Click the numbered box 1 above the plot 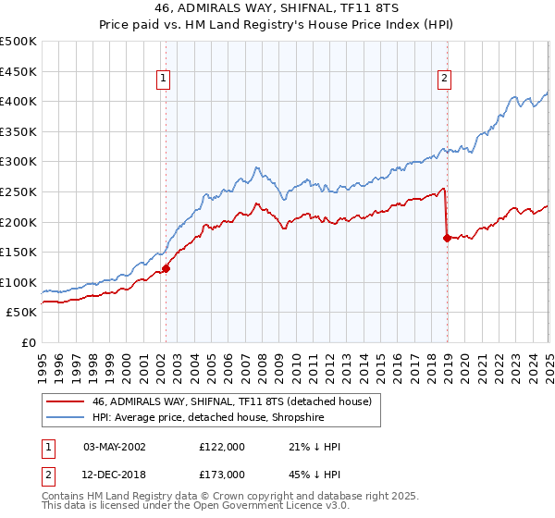click(x=163, y=79)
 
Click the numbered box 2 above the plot click(x=445, y=79)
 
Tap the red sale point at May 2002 click(x=166, y=269)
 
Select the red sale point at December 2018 click(x=447, y=238)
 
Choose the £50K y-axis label click(x=22, y=313)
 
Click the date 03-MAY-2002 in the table click(x=114, y=447)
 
